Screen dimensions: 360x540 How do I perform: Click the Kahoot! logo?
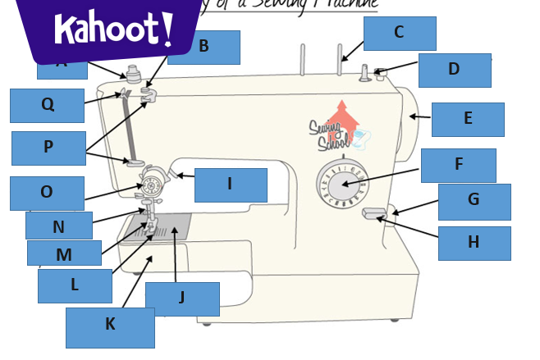pyautogui.click(x=113, y=30)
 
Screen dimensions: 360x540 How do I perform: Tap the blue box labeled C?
pyautogui.click(x=400, y=34)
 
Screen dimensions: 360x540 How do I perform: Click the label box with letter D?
pyautogui.click(x=454, y=71)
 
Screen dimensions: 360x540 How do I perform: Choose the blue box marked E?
pyautogui.click(x=467, y=119)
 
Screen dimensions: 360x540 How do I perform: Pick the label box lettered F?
pyautogui.click(x=458, y=165)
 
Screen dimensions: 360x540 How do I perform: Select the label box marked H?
pyautogui.click(x=474, y=243)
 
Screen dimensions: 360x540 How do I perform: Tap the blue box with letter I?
pyautogui.click(x=231, y=185)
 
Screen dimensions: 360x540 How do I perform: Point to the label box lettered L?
pyautogui.click(x=75, y=285)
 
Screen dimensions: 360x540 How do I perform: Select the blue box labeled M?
pyautogui.click(x=64, y=253)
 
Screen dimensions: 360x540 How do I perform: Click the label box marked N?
pyautogui.click(x=58, y=226)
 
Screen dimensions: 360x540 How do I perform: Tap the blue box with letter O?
pyautogui.click(x=47, y=193)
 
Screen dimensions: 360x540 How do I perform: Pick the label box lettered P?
pyautogui.click(x=48, y=148)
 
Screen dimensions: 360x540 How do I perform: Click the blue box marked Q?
pyautogui.click(x=47, y=105)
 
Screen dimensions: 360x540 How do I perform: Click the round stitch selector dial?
pyautogui.click(x=342, y=184)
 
